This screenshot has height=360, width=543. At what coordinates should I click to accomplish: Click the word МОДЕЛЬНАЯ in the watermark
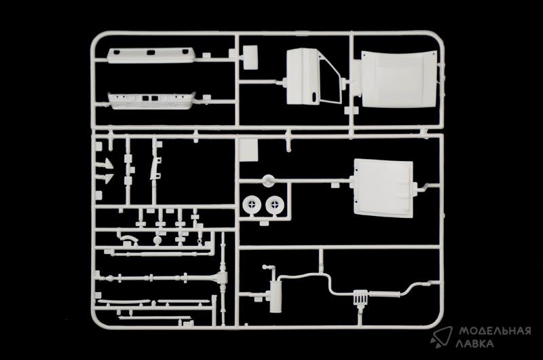tap(495, 331)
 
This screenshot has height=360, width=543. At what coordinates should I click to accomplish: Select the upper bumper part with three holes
tap(151, 56)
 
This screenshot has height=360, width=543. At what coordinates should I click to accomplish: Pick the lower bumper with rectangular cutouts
tap(151, 101)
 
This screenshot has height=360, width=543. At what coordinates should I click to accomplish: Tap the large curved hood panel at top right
tap(398, 79)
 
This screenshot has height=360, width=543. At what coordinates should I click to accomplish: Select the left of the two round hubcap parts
tap(252, 206)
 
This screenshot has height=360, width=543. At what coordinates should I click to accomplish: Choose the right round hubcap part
tap(275, 205)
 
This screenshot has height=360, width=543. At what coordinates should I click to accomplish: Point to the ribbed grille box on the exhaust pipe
tap(361, 297)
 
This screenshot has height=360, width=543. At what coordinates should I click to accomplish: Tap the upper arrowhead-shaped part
tap(108, 164)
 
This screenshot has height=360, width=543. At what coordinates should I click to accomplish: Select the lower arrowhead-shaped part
tap(108, 179)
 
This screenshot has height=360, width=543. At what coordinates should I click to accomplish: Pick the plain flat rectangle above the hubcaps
tap(248, 149)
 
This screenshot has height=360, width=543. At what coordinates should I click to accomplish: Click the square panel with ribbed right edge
tap(383, 188)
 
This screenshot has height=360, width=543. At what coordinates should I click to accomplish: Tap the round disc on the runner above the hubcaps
tap(268, 181)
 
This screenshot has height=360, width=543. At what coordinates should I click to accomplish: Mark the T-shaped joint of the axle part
tap(223, 278)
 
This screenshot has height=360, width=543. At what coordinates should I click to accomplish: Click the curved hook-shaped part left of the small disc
tap(127, 239)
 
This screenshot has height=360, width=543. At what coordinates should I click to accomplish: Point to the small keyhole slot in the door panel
tap(314, 97)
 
